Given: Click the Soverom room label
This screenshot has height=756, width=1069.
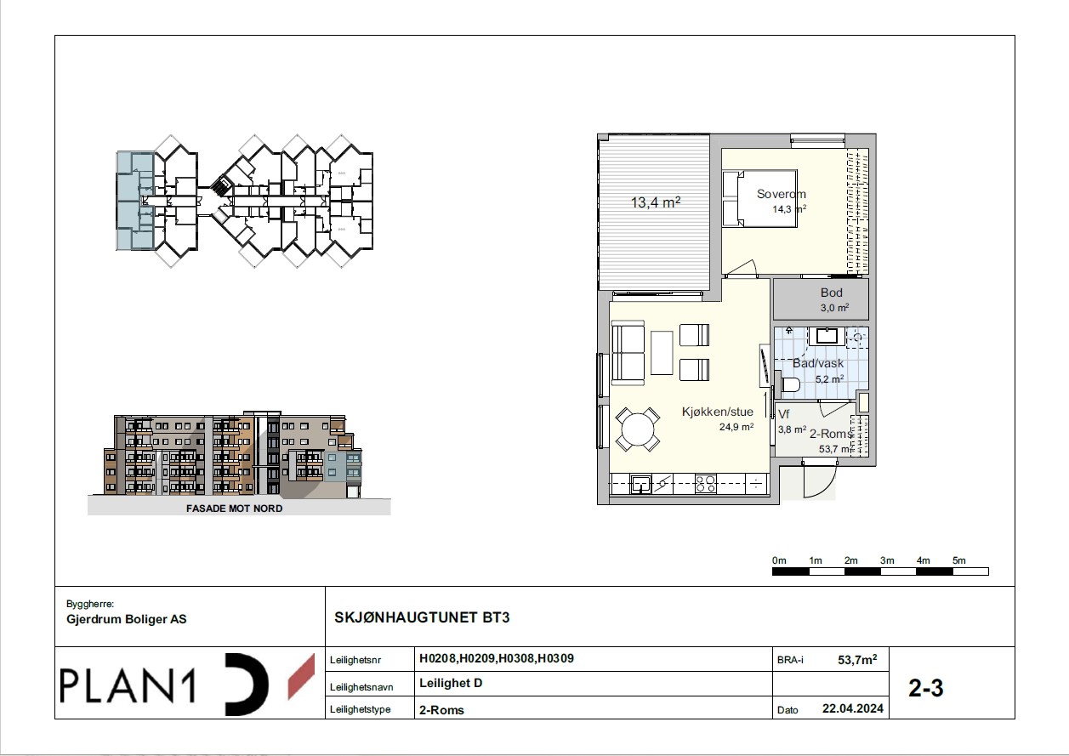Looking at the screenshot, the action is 782,194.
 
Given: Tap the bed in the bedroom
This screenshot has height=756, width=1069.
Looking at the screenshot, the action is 759,198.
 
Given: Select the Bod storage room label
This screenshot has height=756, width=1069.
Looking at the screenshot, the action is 832,293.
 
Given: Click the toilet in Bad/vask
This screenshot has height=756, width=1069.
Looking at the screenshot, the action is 789,384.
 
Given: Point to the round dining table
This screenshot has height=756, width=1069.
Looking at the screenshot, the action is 637,429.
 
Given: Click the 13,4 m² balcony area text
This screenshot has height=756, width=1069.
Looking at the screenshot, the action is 656,202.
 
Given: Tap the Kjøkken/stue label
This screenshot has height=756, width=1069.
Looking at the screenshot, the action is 717,412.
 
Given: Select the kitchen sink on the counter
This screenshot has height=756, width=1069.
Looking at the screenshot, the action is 640,484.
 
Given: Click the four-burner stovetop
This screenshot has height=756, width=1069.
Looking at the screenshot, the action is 705,484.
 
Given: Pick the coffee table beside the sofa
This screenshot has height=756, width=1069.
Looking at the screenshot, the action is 662,353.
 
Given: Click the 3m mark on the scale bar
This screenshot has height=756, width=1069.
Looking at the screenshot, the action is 887,560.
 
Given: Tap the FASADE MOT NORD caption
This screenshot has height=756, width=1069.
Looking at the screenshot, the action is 235,509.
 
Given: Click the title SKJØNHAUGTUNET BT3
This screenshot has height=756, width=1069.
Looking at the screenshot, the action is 422,617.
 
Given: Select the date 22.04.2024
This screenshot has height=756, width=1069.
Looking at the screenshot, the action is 853,708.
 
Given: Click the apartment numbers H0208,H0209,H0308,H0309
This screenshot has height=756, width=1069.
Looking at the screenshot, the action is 497,659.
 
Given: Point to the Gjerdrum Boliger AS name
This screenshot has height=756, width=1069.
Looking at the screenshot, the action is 127,619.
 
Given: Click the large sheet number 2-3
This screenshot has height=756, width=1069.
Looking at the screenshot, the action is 926,688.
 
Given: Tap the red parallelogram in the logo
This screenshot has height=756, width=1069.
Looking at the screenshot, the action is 302,677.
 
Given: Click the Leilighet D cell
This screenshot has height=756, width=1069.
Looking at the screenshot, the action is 451,684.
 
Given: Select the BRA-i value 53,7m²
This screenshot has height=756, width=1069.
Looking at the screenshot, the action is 857,660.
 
